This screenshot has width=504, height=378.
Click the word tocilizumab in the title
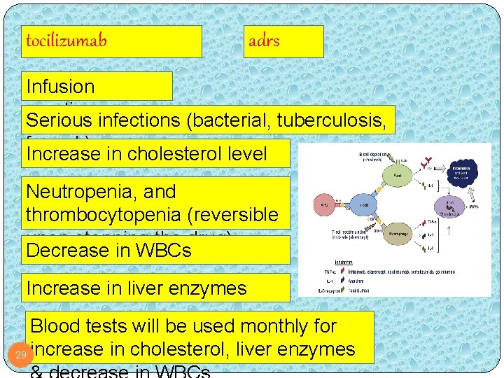66,41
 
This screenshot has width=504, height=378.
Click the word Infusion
60,87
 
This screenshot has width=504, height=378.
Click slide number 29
21,355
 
